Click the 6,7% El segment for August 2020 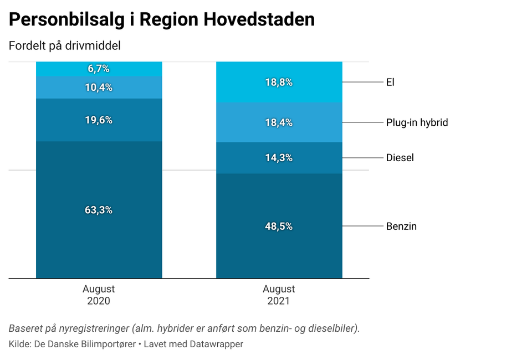point(99,69)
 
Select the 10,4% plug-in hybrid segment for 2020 point(99,87)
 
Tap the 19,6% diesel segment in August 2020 point(99,120)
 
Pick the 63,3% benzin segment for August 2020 point(99,210)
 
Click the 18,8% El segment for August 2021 point(279,82)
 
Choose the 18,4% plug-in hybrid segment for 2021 point(279,122)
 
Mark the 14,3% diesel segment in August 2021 point(279,158)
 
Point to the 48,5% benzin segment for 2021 point(279,226)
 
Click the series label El point(390,83)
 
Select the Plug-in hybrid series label point(417,122)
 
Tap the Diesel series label point(400,158)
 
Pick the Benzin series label point(401,226)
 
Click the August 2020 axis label point(99,295)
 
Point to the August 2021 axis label point(279,295)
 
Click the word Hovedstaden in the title point(259,20)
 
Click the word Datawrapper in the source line point(216,344)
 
